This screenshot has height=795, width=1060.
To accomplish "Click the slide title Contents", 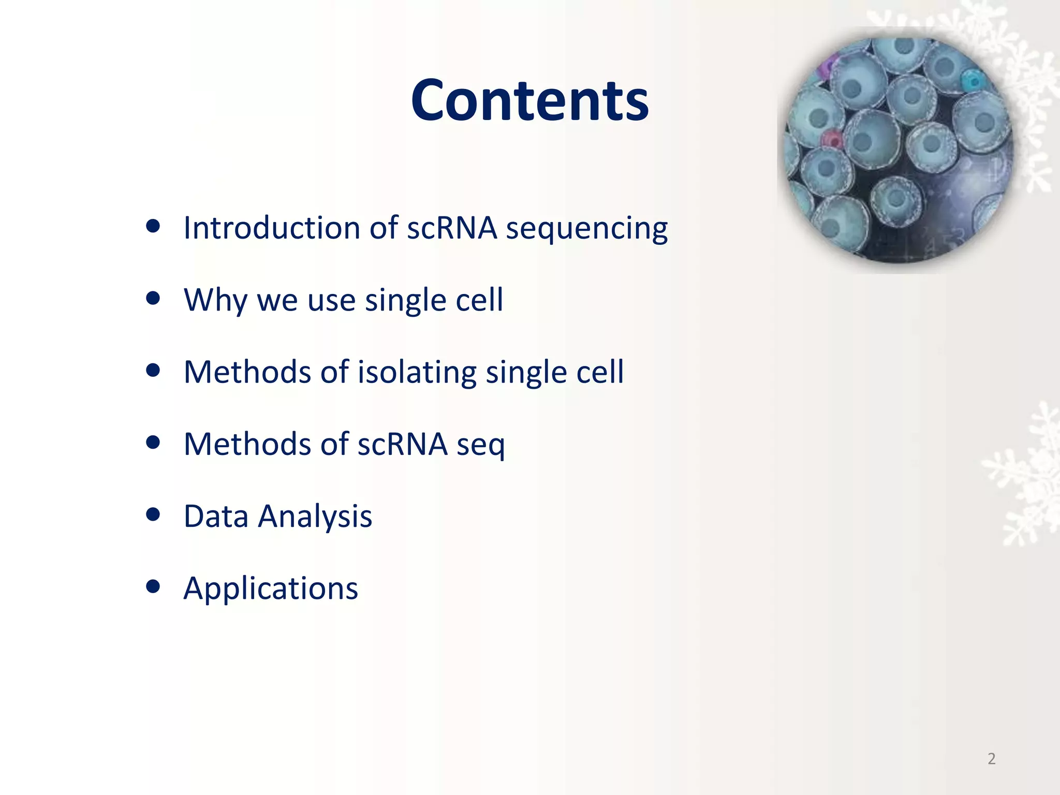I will [x=529, y=100].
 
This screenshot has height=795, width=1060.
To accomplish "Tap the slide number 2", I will [x=991, y=759].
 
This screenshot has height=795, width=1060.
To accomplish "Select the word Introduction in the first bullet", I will [x=272, y=228].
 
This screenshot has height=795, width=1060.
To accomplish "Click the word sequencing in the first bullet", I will [x=586, y=229].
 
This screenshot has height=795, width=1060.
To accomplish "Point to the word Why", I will [x=215, y=300].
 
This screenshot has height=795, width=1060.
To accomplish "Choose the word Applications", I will [x=271, y=588].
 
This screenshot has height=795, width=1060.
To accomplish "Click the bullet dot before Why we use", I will [x=153, y=298].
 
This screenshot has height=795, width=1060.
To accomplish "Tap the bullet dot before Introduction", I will [x=153, y=226].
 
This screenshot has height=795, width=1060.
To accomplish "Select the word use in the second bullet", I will [x=331, y=300].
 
